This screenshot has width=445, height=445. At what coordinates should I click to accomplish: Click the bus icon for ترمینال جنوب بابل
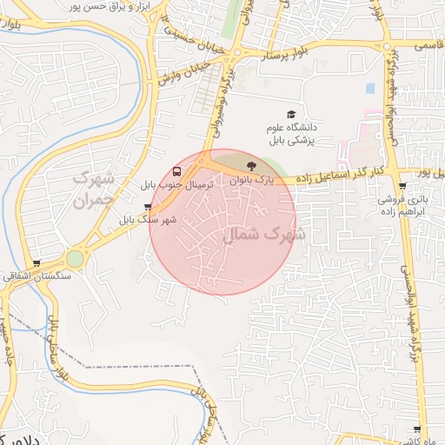click(x=177, y=171)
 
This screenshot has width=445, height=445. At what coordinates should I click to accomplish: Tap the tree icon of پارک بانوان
click(x=251, y=165)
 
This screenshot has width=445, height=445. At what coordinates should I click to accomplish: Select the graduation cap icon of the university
click(x=291, y=114)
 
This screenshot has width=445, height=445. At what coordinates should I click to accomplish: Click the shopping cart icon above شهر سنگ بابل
click(x=147, y=208)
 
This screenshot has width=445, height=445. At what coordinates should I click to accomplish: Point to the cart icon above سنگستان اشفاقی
click(x=36, y=263)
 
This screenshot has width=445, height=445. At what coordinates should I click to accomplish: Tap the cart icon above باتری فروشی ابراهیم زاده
click(x=402, y=186)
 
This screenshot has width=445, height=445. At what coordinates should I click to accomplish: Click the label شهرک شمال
click(x=265, y=234)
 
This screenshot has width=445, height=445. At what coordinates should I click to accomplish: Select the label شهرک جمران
click(x=94, y=188)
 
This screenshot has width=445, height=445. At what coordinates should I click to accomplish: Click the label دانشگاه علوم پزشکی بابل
click(x=292, y=134)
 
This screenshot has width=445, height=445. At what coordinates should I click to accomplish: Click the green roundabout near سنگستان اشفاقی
click(x=76, y=258)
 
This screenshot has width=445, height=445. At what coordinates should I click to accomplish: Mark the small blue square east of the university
click(x=370, y=89)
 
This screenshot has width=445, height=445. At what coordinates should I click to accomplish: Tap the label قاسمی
click(x=429, y=41)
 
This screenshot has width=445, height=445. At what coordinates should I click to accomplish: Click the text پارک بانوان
click(x=251, y=180)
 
